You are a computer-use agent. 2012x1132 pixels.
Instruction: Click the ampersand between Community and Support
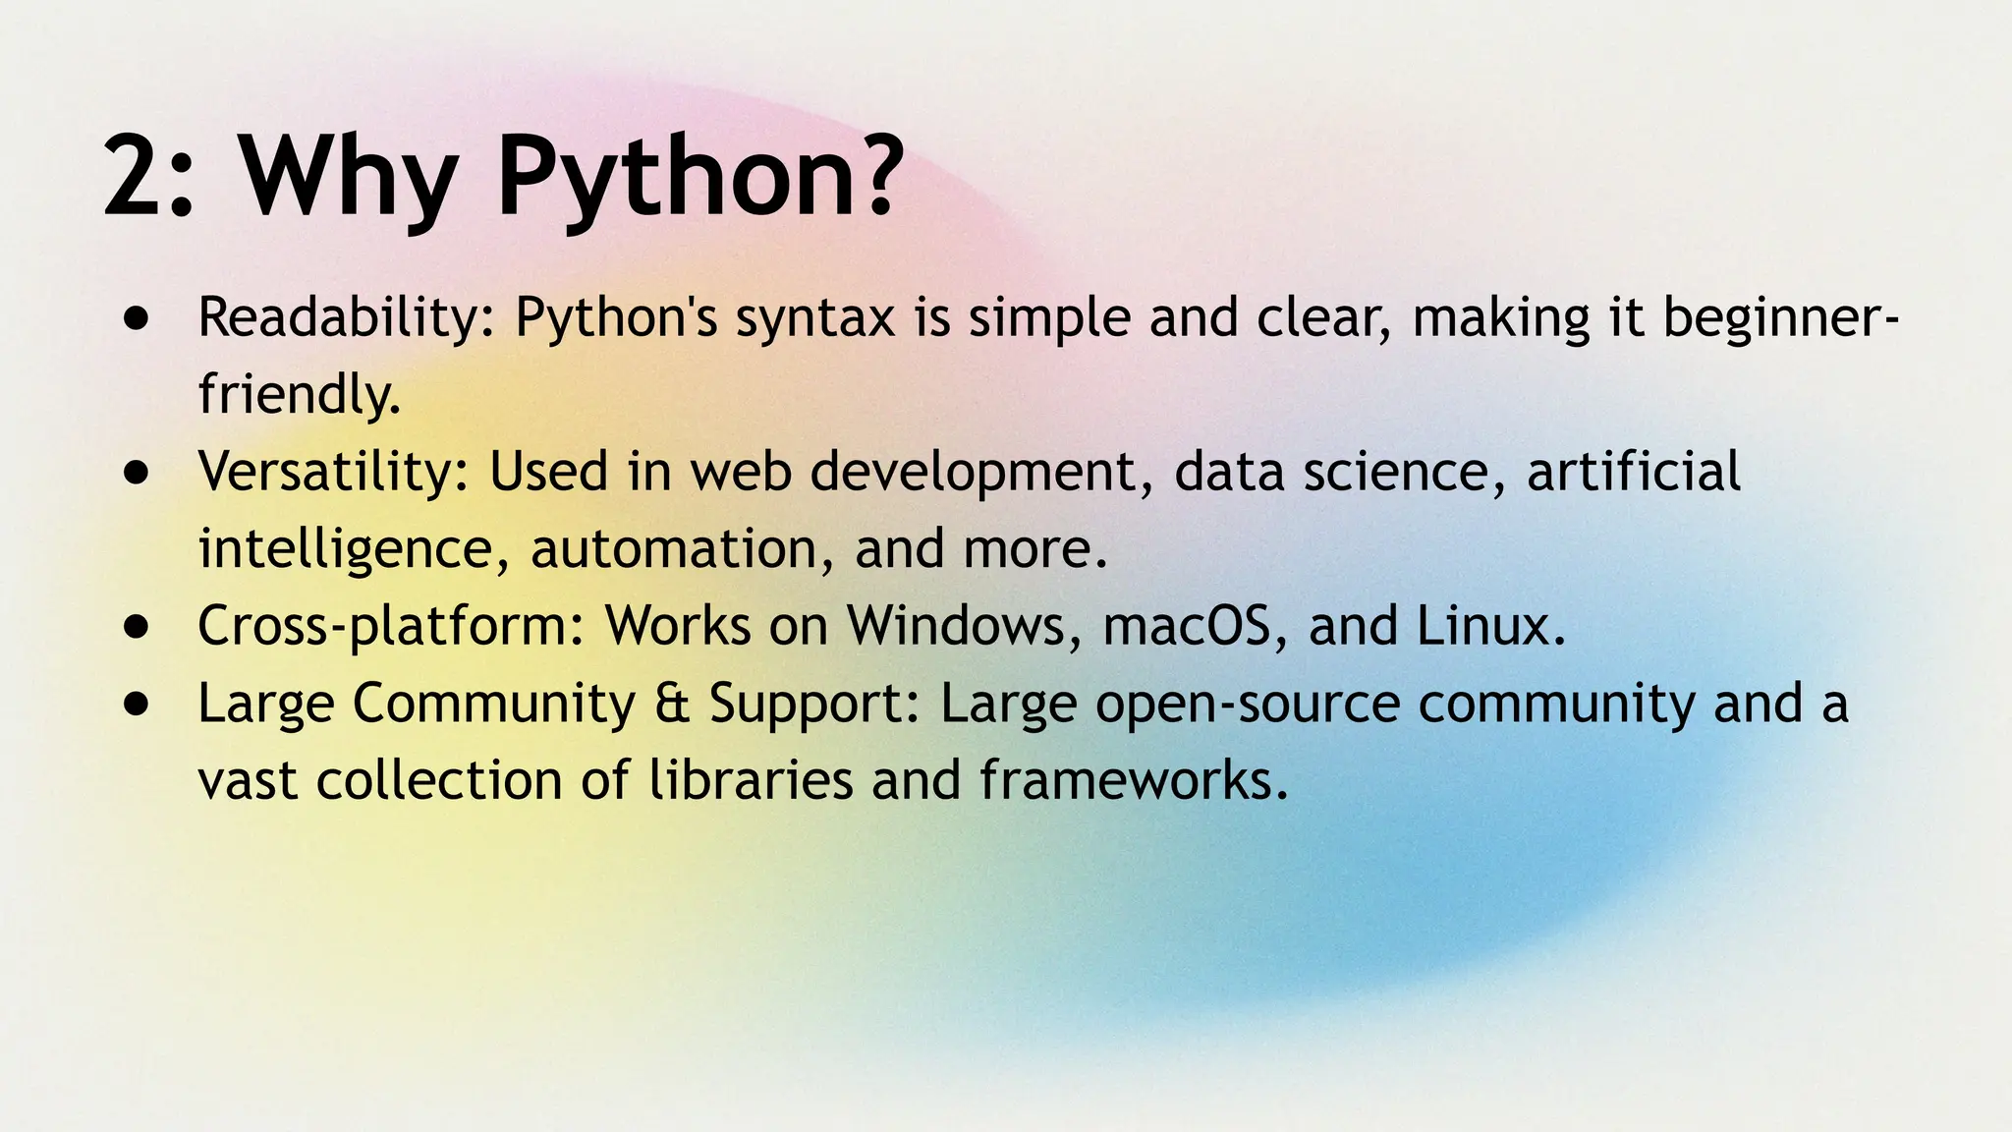tap(672, 704)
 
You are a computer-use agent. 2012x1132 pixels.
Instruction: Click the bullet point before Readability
tap(138, 319)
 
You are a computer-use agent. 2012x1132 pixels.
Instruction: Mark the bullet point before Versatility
tap(138, 473)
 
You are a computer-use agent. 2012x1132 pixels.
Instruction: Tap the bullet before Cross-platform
tap(138, 627)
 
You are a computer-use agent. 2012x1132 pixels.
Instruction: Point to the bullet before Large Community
tap(138, 704)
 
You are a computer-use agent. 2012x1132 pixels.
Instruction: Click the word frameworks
tap(1133, 780)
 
